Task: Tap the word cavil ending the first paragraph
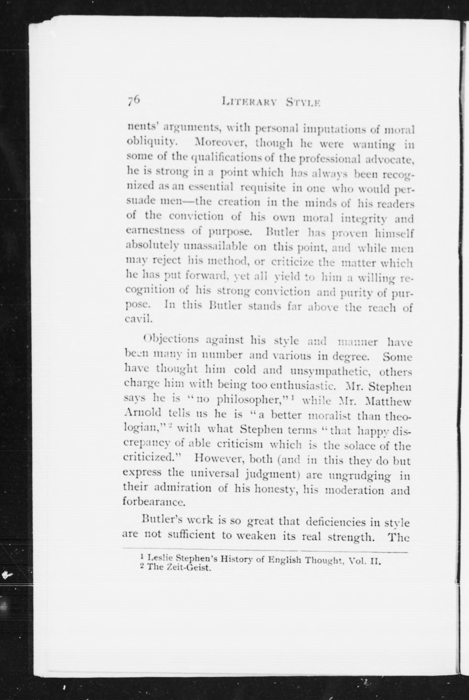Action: (138, 319)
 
